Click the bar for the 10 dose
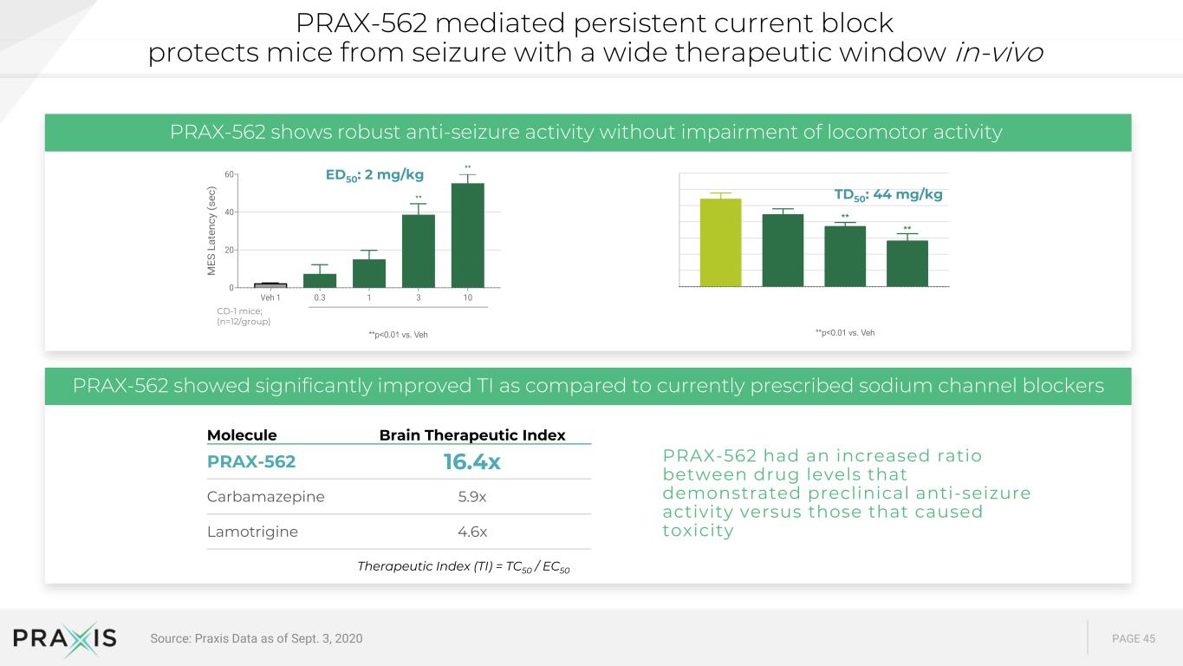[x=467, y=235]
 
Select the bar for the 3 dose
[x=419, y=251]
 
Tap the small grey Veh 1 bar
[x=270, y=285]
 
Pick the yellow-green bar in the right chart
[x=720, y=243]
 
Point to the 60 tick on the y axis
[x=229, y=174]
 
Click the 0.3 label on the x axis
[x=320, y=297]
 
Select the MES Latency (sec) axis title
[x=211, y=231]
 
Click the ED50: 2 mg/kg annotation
[x=374, y=175]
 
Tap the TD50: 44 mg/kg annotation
[x=888, y=195]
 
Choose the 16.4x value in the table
[x=471, y=461]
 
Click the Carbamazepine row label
[x=266, y=497]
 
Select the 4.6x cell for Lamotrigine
[x=472, y=532]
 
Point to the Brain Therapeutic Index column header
[x=472, y=435]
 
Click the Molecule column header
[x=242, y=435]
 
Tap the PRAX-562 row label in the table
[x=251, y=461]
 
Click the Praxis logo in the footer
[x=64, y=638]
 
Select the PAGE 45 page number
[x=1134, y=638]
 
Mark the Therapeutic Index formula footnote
[x=463, y=566]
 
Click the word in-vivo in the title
[x=998, y=53]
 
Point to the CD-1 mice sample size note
[x=244, y=316]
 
